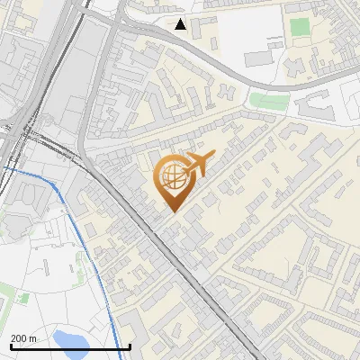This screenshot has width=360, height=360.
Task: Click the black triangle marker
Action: click(181, 24)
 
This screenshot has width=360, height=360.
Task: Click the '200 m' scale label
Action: click(24, 337)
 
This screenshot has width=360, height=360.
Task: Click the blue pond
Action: click(70, 338)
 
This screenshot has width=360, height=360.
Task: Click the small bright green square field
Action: click(300, 27)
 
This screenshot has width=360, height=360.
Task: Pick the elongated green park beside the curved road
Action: click(268, 100)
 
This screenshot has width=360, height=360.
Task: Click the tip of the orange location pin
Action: click(174, 211)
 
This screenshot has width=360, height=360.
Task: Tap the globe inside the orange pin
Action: click(173, 176)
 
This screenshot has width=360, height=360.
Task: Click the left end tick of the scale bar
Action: click(9, 346)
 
